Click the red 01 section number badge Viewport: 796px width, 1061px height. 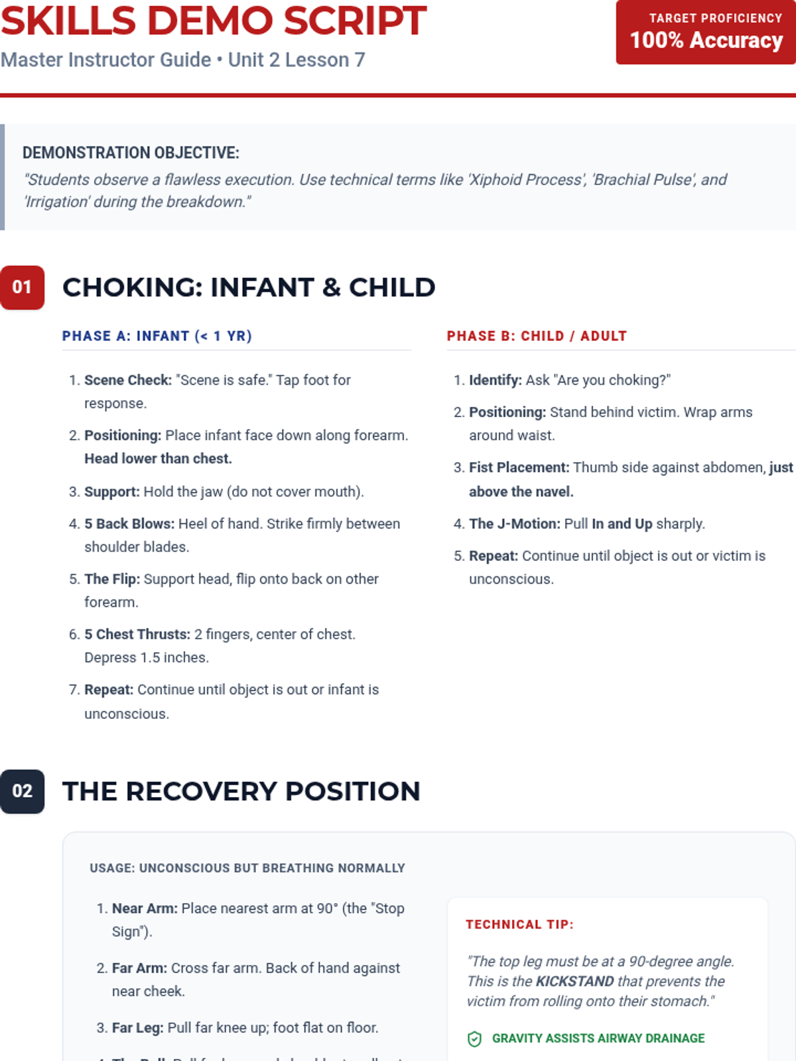click(x=22, y=287)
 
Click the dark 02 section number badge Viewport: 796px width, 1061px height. click(x=22, y=791)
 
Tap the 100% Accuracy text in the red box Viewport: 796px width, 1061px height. click(x=706, y=40)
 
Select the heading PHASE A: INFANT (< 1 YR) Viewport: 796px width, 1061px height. click(x=157, y=336)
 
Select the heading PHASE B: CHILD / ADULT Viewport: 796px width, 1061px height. click(x=536, y=336)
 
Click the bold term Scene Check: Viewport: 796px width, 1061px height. click(x=128, y=380)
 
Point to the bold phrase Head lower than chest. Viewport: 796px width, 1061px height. click(x=158, y=459)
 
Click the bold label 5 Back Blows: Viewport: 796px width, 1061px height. click(x=129, y=524)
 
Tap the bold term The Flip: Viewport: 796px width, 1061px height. click(x=112, y=579)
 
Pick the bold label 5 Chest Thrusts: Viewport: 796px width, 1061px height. click(x=137, y=635)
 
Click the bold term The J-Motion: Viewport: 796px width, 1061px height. click(x=515, y=524)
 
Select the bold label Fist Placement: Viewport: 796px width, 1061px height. click(x=519, y=468)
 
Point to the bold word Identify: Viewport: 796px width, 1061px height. click(x=496, y=380)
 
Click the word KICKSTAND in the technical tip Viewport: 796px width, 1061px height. click(x=574, y=981)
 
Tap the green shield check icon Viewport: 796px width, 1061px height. click(x=474, y=1039)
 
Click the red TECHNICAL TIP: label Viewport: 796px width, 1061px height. click(x=519, y=924)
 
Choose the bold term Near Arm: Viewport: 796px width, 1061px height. click(x=145, y=908)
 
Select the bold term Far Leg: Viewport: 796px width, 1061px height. click(x=137, y=1028)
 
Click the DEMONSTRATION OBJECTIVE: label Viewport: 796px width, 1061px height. click(x=131, y=153)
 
